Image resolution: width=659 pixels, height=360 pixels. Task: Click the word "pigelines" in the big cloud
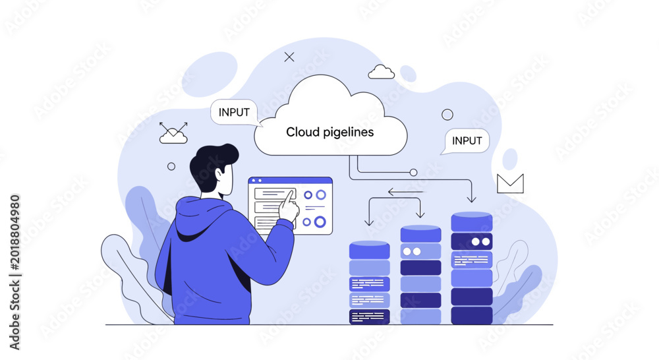[x=348, y=133]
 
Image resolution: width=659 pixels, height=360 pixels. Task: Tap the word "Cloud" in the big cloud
[x=302, y=132]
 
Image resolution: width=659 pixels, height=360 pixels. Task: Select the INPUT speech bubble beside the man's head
[x=235, y=112]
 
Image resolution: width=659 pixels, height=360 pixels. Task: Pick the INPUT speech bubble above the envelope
[x=466, y=141]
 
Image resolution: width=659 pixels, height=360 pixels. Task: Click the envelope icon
[x=510, y=184]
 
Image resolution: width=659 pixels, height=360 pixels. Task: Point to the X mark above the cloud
[x=289, y=57]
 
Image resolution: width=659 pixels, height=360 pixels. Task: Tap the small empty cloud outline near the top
[x=381, y=72]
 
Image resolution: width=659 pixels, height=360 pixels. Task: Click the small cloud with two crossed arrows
[x=173, y=133]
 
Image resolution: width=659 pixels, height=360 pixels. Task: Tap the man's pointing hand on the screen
[x=289, y=206]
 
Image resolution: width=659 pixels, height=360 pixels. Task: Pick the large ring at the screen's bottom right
[x=320, y=222]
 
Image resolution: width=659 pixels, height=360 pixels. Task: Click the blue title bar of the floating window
[x=290, y=181]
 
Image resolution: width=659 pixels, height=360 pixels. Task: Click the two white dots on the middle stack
[x=412, y=251]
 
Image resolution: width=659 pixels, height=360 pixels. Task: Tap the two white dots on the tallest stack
[x=481, y=242]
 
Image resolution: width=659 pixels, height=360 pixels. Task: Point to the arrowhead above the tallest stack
[x=472, y=198]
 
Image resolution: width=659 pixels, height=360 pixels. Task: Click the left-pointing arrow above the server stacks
[x=405, y=192]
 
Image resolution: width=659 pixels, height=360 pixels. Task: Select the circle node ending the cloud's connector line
[x=414, y=173]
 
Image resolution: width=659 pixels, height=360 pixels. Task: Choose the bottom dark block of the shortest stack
[x=370, y=316]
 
